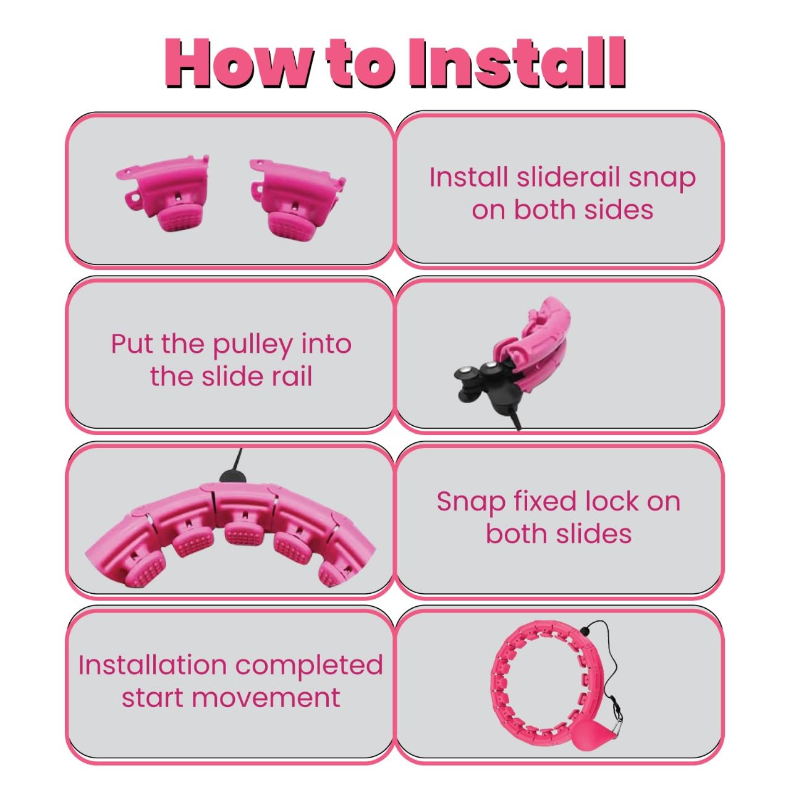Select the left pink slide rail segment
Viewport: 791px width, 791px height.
[x=162, y=193]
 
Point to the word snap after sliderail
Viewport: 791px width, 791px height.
[x=662, y=180]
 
